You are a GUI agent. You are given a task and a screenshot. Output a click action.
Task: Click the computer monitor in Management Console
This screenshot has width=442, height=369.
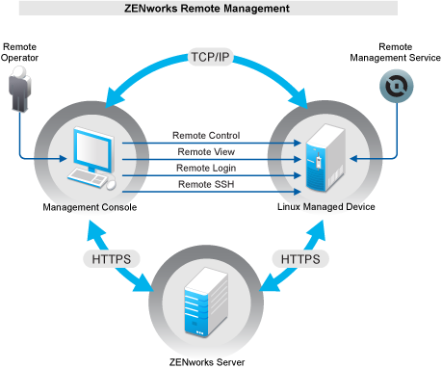(91, 149)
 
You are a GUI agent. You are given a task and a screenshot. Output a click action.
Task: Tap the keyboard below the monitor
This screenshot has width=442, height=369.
(87, 180)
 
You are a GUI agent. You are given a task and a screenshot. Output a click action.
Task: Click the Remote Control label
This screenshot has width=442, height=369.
(206, 136)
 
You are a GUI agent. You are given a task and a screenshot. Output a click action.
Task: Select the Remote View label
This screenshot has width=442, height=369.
(206, 151)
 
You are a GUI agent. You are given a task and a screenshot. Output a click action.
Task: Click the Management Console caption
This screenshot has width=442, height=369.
(90, 207)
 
